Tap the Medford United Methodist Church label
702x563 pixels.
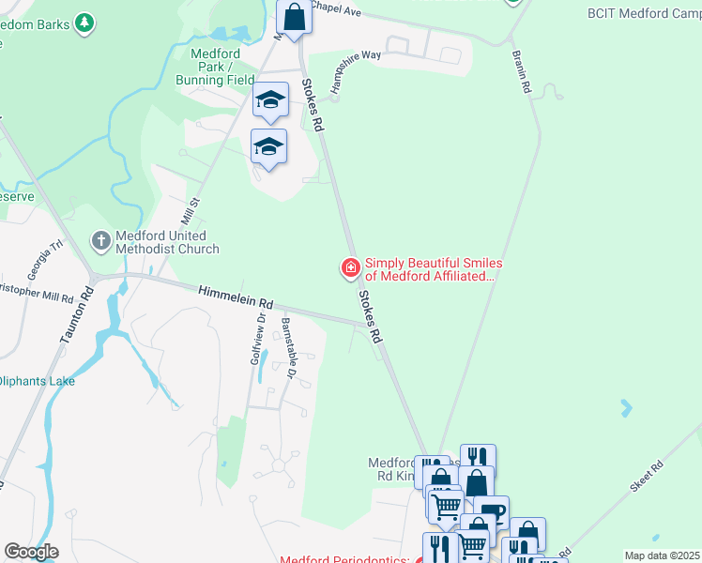pyautogui.click(x=167, y=242)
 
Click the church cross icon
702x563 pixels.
pyautogui.click(x=101, y=241)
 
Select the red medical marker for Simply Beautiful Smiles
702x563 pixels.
pyautogui.click(x=351, y=269)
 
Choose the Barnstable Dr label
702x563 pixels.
pyautogui.click(x=289, y=348)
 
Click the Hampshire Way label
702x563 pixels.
pyautogui.click(x=356, y=70)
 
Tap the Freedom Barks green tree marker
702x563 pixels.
pyautogui.click(x=84, y=23)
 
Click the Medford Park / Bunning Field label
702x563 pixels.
pyautogui.click(x=216, y=67)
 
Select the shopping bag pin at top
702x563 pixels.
pyautogui.click(x=295, y=17)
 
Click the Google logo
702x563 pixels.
pyautogui.click(x=31, y=552)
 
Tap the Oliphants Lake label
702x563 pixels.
pyautogui.click(x=38, y=381)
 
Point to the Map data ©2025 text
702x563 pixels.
pyautogui.click(x=662, y=555)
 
